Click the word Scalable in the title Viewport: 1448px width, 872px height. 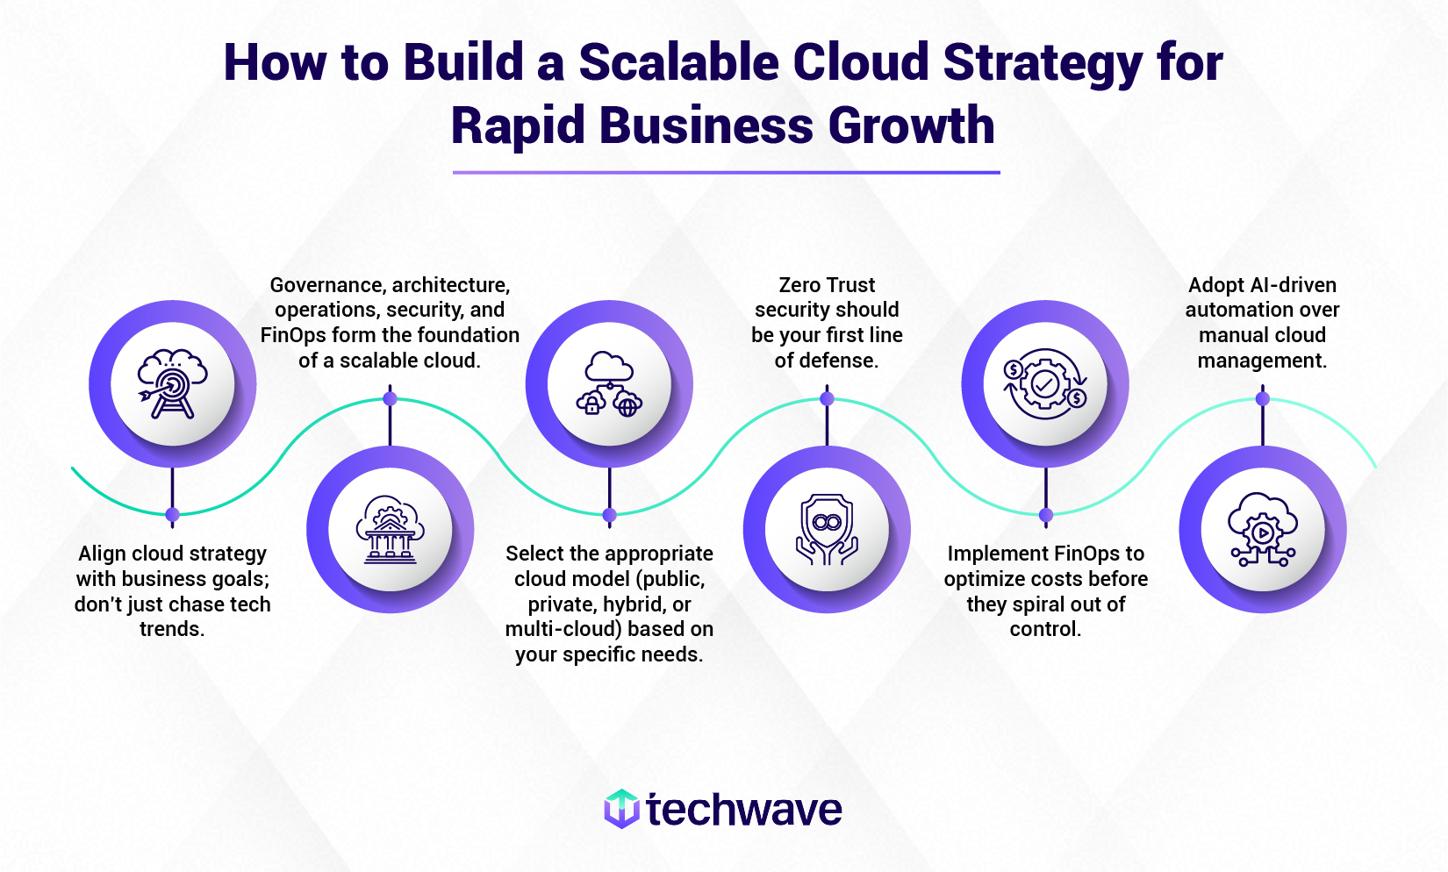coord(678,62)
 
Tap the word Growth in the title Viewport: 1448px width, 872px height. coord(911,125)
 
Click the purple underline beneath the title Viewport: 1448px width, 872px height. coord(726,173)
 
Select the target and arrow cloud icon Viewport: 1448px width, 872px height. coord(173,384)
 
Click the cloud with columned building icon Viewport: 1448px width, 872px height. coord(390,529)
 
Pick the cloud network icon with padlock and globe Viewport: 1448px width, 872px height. coord(609,384)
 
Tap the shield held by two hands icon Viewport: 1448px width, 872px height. coord(827,530)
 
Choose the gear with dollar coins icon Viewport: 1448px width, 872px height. coord(1044,384)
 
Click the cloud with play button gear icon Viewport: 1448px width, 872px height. coord(1263,530)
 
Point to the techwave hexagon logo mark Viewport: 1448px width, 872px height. coord(622,809)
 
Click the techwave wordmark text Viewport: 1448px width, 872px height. coord(744,810)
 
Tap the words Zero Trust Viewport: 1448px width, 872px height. coord(827,285)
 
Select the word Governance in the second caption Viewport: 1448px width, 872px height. coord(326,285)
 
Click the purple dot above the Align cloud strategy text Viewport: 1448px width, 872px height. coord(173,515)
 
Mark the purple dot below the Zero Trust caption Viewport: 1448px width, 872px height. coord(827,399)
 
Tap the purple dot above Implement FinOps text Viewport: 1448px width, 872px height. coord(1046,515)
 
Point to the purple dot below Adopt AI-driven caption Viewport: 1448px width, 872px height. coord(1263,399)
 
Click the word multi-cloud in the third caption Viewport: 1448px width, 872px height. coord(548,629)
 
